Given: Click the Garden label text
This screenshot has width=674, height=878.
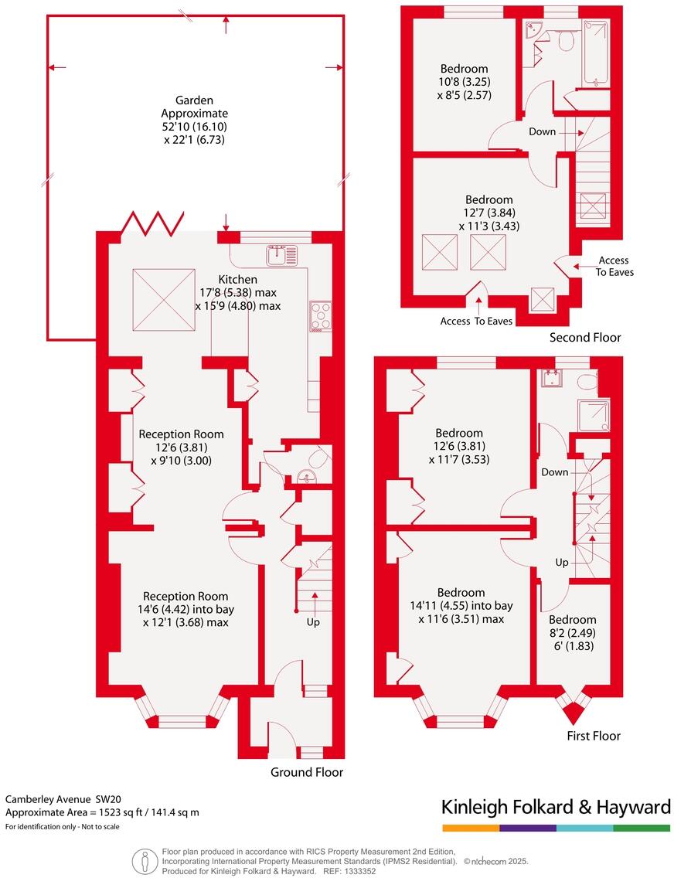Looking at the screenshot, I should click(x=194, y=100).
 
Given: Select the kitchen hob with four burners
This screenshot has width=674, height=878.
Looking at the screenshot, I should click(x=320, y=315).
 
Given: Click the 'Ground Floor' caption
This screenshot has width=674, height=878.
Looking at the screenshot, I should click(x=306, y=772).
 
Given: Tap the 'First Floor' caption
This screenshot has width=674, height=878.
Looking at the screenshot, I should click(x=593, y=736).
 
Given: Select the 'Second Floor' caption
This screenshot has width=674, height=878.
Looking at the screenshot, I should click(x=584, y=338).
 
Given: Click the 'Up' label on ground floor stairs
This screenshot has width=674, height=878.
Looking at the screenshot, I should click(x=312, y=622).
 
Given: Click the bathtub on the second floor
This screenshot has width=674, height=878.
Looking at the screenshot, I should click(x=597, y=53).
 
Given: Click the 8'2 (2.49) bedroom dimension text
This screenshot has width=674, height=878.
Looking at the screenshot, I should click(x=572, y=633).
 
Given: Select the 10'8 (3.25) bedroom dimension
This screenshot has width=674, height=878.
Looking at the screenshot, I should click(x=465, y=82).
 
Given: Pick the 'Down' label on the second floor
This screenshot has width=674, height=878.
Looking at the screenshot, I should click(x=542, y=131).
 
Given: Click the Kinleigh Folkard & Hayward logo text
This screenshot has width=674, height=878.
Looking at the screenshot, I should click(x=555, y=808).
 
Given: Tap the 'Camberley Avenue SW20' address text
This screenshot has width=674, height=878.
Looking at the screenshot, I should click(x=63, y=799).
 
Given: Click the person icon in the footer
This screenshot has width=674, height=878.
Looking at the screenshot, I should click(x=142, y=860).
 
